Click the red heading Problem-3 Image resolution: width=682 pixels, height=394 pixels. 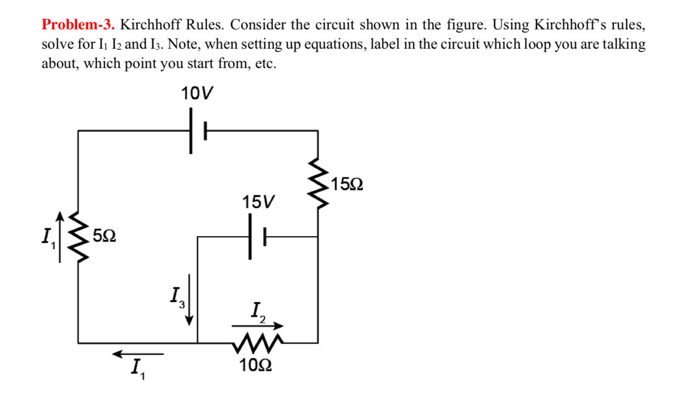coord(79,25)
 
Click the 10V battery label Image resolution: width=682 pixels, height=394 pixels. coord(197,94)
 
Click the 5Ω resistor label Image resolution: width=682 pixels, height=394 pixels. coord(104,236)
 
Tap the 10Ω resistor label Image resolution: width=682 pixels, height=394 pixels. coord(255,365)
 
